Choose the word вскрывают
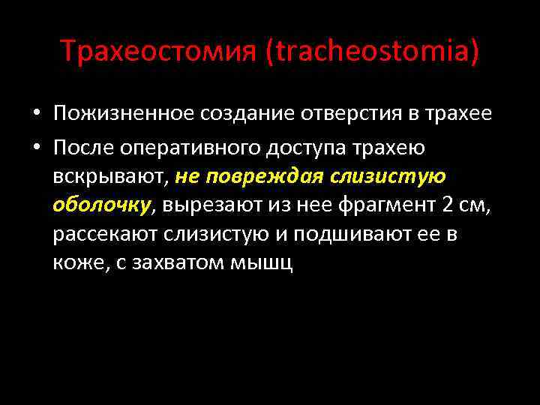pos(111,176)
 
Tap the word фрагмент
pos(382,205)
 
